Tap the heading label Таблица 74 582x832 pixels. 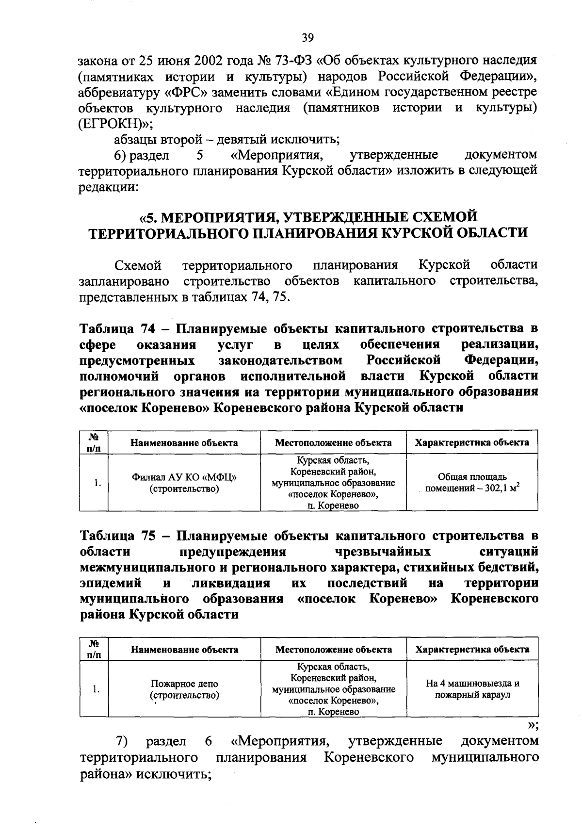pyautogui.click(x=116, y=329)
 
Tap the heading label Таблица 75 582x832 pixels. pyautogui.click(x=116, y=536)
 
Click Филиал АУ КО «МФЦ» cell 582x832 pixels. pyautogui.click(x=184, y=483)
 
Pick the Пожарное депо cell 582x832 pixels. pyautogui.click(x=184, y=689)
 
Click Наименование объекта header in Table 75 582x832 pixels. pyautogui.click(x=184, y=649)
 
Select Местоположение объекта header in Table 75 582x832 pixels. pyautogui.click(x=334, y=649)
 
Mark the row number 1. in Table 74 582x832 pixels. pyautogui.click(x=97, y=483)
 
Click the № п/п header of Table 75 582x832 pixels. pyautogui.click(x=94, y=649)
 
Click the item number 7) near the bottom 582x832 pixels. pyautogui.click(x=121, y=741)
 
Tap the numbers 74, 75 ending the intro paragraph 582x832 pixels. pyautogui.click(x=270, y=297)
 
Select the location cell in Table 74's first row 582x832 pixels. pyautogui.click(x=333, y=483)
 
